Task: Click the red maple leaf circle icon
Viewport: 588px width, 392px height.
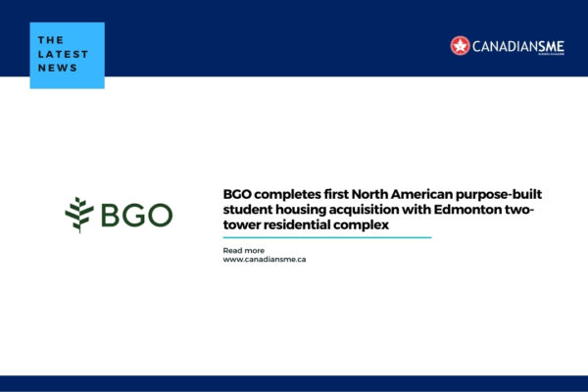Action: tap(460, 45)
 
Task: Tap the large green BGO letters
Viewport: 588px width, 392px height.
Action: tap(133, 215)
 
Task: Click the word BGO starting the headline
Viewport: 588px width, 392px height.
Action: tap(238, 194)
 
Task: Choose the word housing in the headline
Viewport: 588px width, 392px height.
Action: tap(310, 210)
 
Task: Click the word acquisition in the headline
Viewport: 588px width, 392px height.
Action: tap(377, 210)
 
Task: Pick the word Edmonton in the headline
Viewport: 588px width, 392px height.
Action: tap(478, 210)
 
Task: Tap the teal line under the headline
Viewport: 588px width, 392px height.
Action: tap(327, 237)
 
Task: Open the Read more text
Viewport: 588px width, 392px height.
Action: tap(244, 250)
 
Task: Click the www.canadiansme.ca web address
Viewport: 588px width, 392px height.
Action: tap(266, 260)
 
